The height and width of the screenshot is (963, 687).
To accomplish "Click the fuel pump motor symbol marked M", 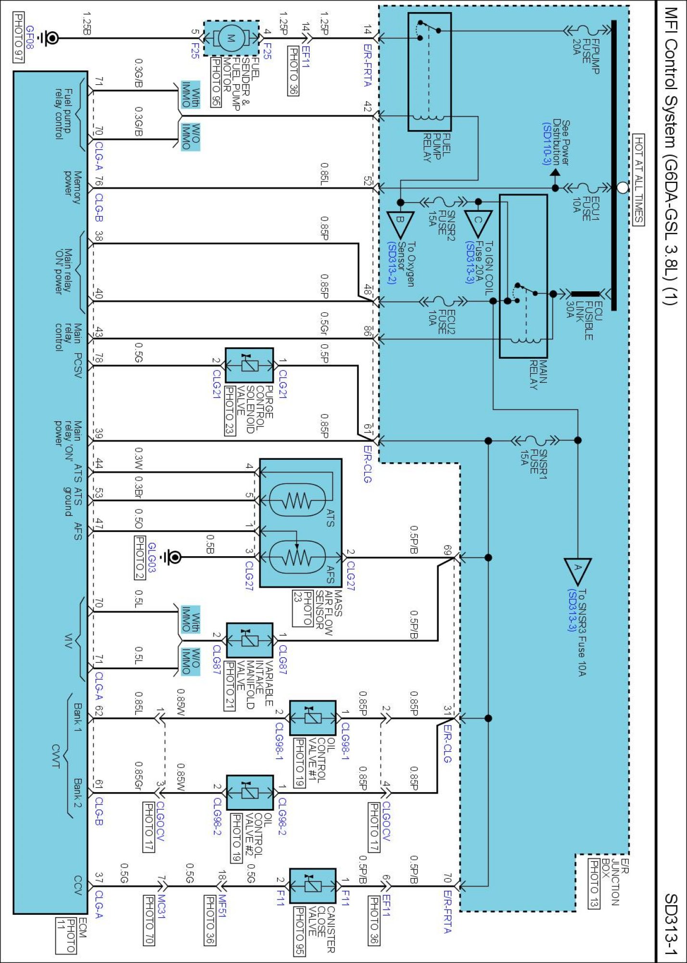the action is point(231,38).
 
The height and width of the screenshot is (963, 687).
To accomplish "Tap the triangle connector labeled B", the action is point(400,223).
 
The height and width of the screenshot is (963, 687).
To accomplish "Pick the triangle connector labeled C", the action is point(478,223).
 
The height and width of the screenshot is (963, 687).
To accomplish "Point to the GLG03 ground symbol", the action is point(173,558).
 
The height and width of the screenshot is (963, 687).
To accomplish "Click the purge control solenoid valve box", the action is point(249,365).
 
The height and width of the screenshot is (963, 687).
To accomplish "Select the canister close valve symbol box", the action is point(312,886).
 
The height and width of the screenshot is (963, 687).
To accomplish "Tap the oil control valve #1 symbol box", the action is point(312,718).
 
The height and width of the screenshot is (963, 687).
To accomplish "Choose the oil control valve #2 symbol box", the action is point(250,792).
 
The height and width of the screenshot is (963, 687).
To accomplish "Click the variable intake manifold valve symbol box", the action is point(250,640).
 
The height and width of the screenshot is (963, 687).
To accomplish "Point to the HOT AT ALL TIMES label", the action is point(638,180).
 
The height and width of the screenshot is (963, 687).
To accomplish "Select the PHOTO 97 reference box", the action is point(18,38).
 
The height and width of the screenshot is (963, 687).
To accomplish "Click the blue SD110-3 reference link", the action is point(547,143).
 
